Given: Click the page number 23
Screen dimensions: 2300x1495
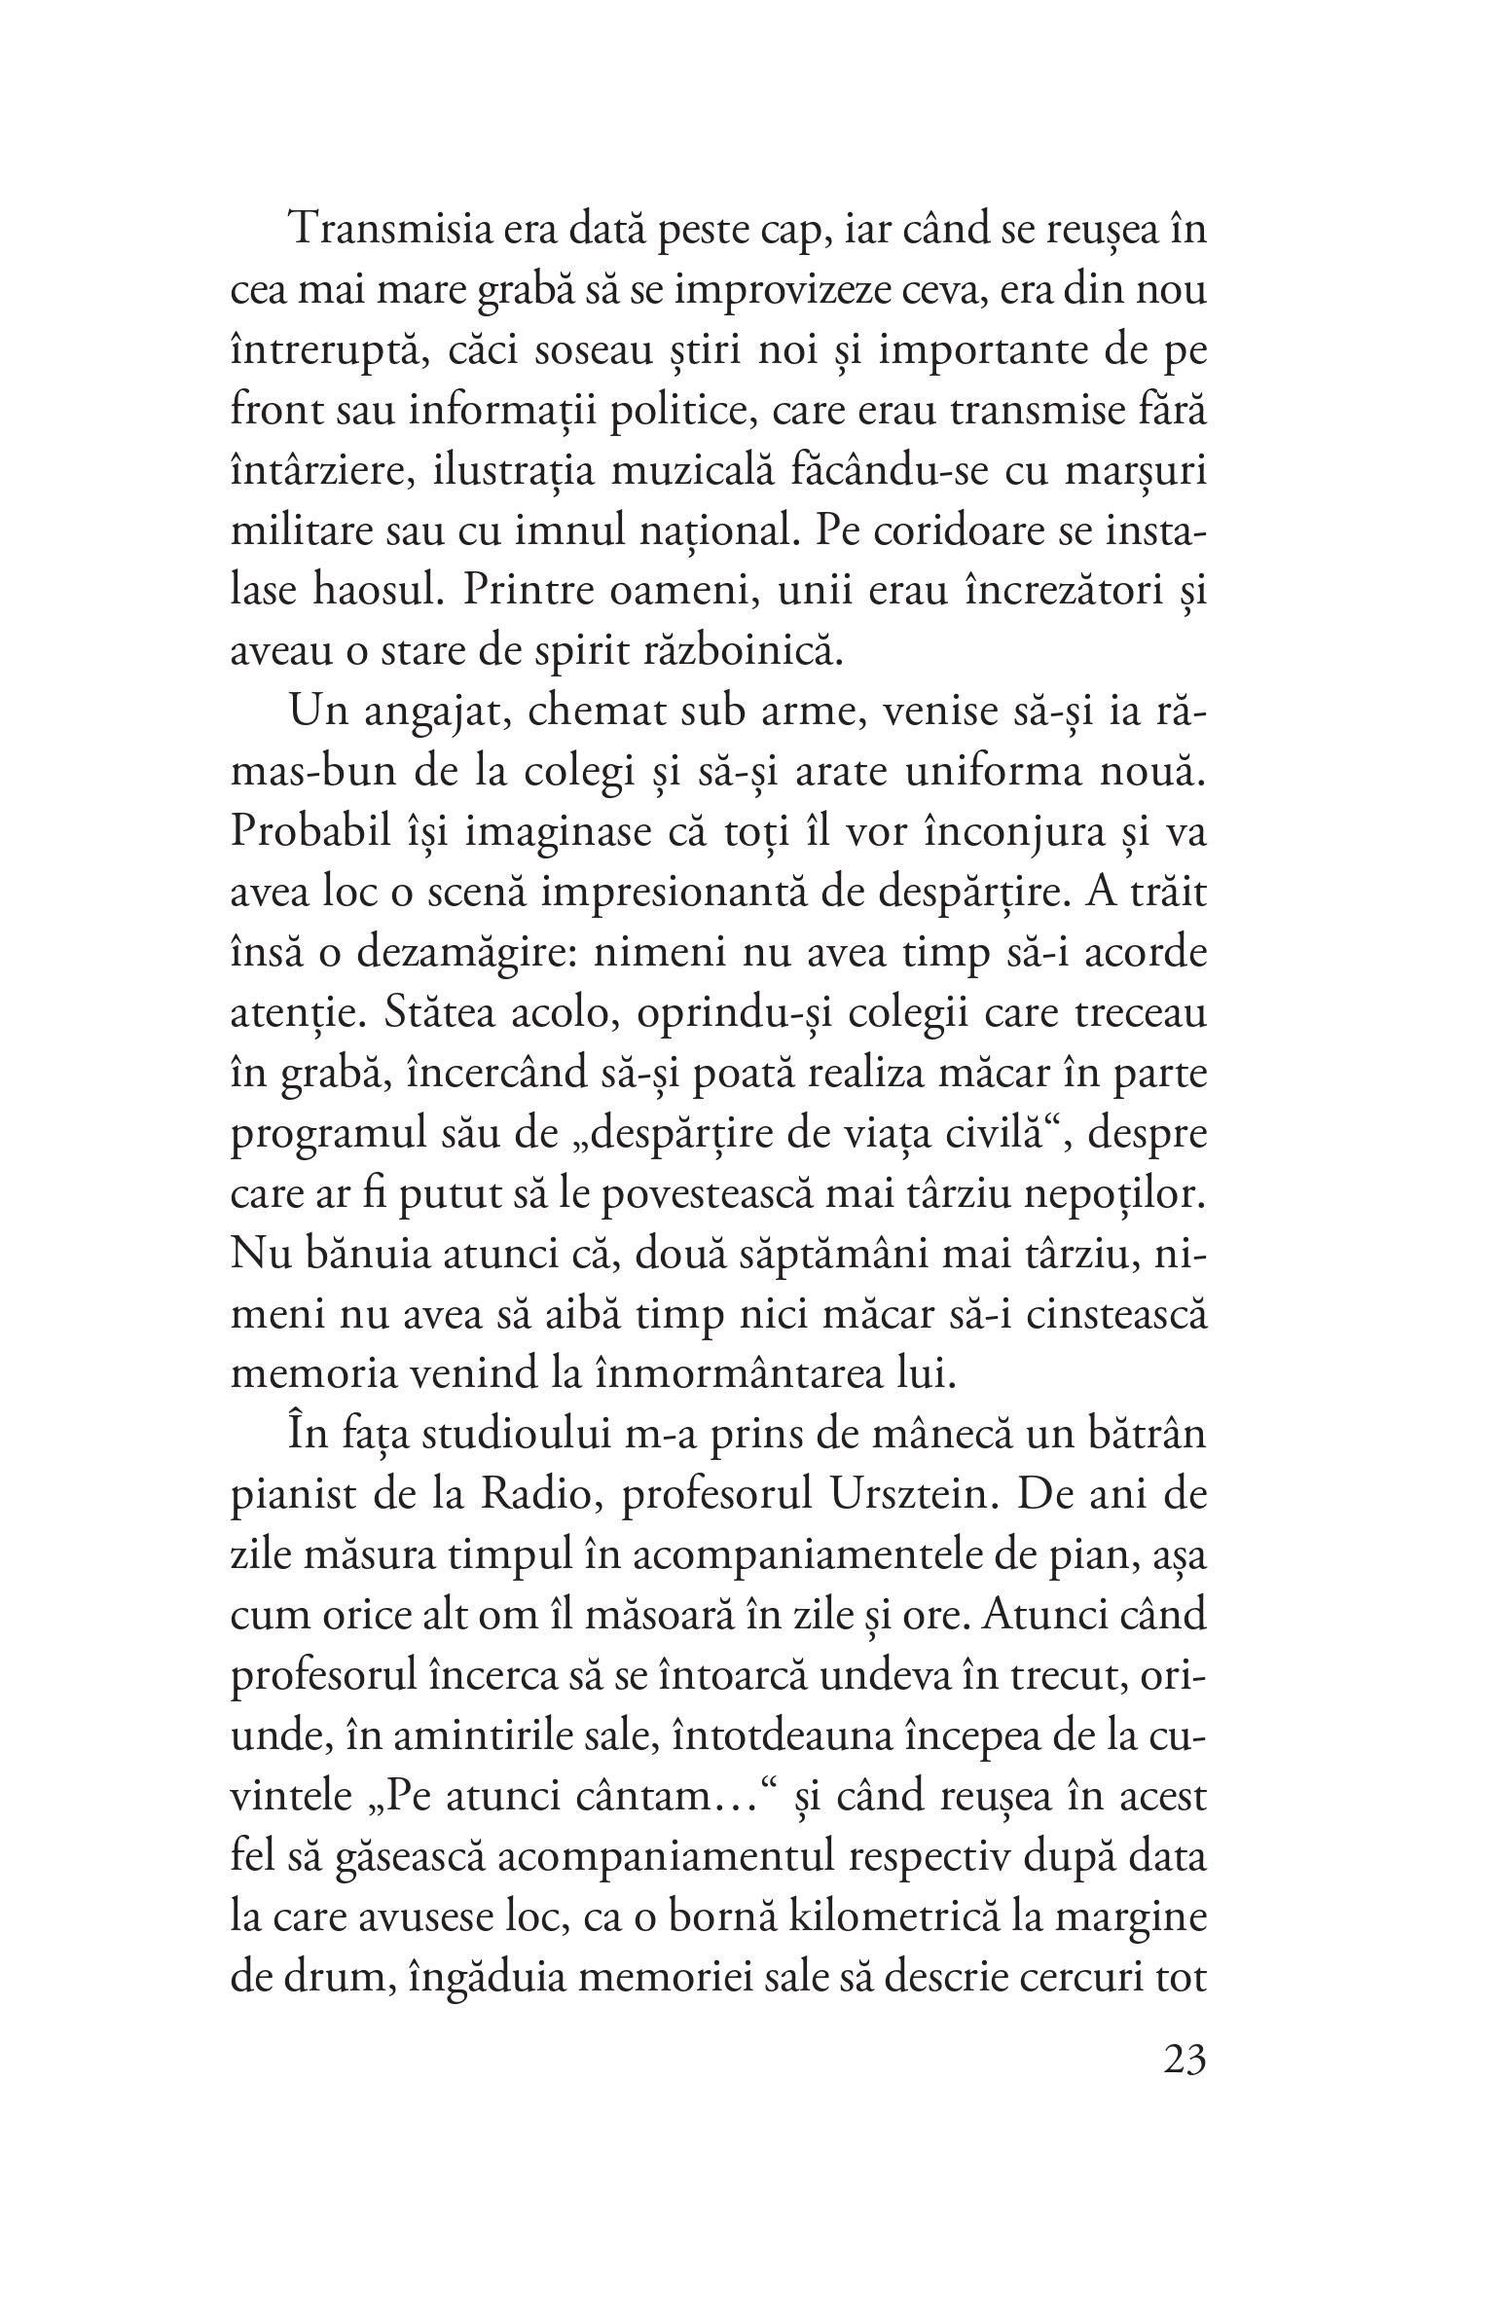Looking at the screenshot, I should [1184, 2063].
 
